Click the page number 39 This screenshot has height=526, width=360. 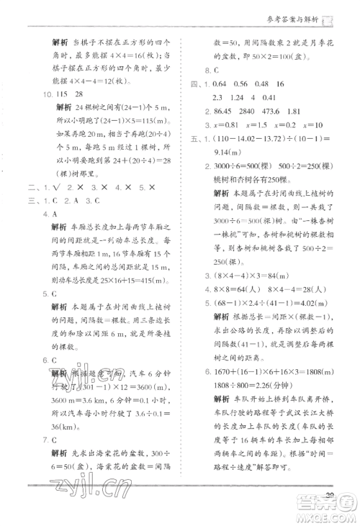tap(331, 494)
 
